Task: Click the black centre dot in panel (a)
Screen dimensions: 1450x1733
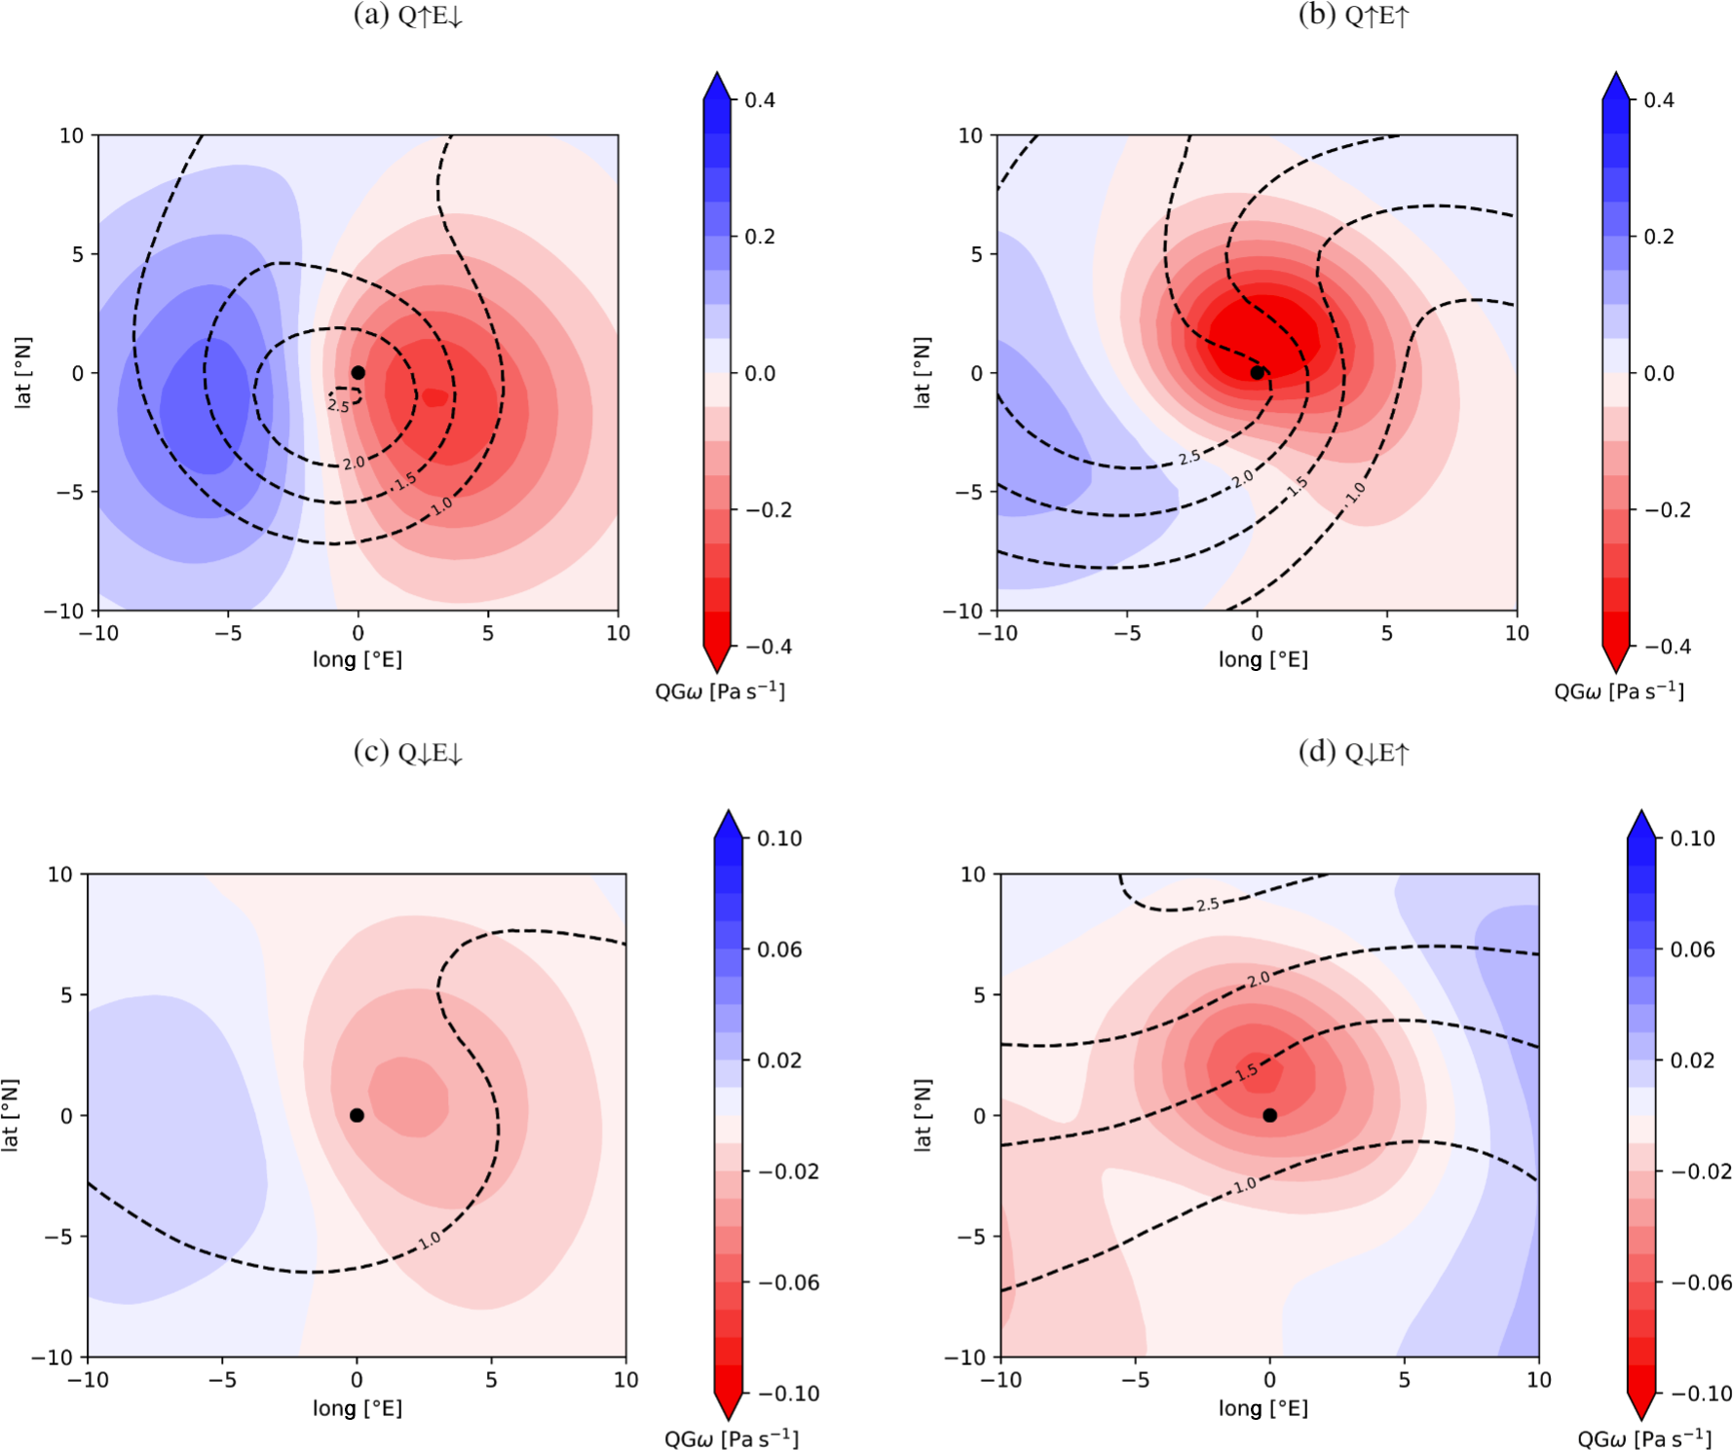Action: pyautogui.click(x=358, y=373)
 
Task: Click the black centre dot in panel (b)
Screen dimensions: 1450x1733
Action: pyautogui.click(x=1257, y=373)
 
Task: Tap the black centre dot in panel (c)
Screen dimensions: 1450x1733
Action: pyautogui.click(x=357, y=1115)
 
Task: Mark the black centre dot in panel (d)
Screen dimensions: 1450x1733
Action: pyautogui.click(x=1269, y=1115)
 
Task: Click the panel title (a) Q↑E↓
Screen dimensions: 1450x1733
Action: pyautogui.click(x=408, y=16)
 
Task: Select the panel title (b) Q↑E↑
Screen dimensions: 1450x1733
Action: pyautogui.click(x=1354, y=16)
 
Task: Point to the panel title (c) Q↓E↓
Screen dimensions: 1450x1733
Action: pyautogui.click(x=408, y=752)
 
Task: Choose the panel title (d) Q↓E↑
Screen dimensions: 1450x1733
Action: pyautogui.click(x=1354, y=752)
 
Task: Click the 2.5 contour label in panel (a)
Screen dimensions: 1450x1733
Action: pyautogui.click(x=338, y=405)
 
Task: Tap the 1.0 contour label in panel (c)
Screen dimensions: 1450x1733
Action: pyautogui.click(x=430, y=1240)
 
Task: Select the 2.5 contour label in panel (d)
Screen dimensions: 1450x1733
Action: pyautogui.click(x=1208, y=905)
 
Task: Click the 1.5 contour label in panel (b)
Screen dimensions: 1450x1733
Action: pyautogui.click(x=1297, y=487)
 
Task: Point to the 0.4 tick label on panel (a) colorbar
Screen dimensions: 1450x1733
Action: pyautogui.click(x=760, y=100)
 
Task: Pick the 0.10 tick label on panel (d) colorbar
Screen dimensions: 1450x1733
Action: pyautogui.click(x=1692, y=838)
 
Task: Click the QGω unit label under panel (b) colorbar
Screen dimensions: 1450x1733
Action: pyautogui.click(x=1618, y=690)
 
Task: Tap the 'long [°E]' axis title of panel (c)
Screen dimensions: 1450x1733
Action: pyautogui.click(x=357, y=1407)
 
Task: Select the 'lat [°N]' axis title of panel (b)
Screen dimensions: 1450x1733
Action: pyautogui.click(x=922, y=373)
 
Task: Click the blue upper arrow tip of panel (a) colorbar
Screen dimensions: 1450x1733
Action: pyautogui.click(x=717, y=78)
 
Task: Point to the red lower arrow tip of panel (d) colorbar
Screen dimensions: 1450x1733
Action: pyautogui.click(x=1641, y=1412)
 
